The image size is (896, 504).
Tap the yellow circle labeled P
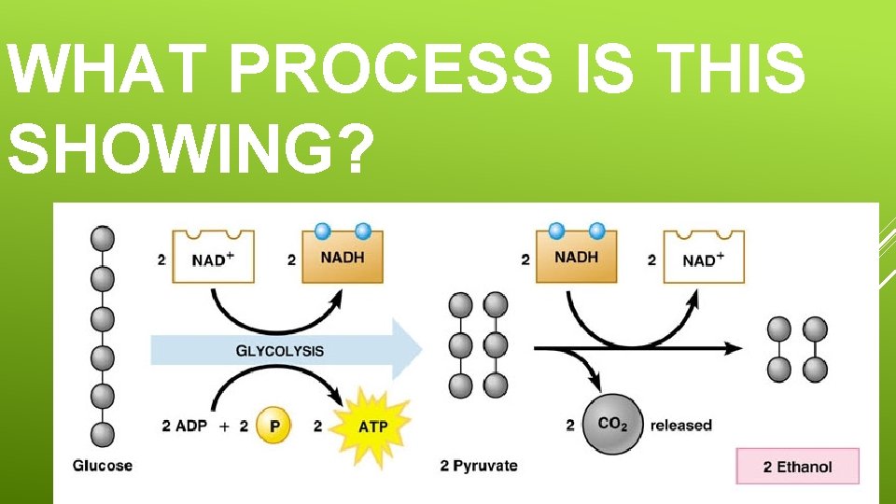pos(274,426)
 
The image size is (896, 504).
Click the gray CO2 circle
pos(612,425)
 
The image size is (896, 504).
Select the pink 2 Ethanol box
pos(797,466)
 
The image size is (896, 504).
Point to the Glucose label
pos(103,465)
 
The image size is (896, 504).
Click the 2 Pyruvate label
pos(479,465)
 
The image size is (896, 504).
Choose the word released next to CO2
pos(680,426)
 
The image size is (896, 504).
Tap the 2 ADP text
pos(186,426)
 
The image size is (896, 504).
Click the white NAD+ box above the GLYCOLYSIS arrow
pos(213,257)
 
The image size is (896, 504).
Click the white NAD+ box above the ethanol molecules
pos(703,257)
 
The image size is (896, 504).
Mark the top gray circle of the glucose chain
pos(103,239)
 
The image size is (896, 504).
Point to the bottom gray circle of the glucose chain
pos(103,434)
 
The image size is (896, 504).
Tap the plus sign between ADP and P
pos(224,426)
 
